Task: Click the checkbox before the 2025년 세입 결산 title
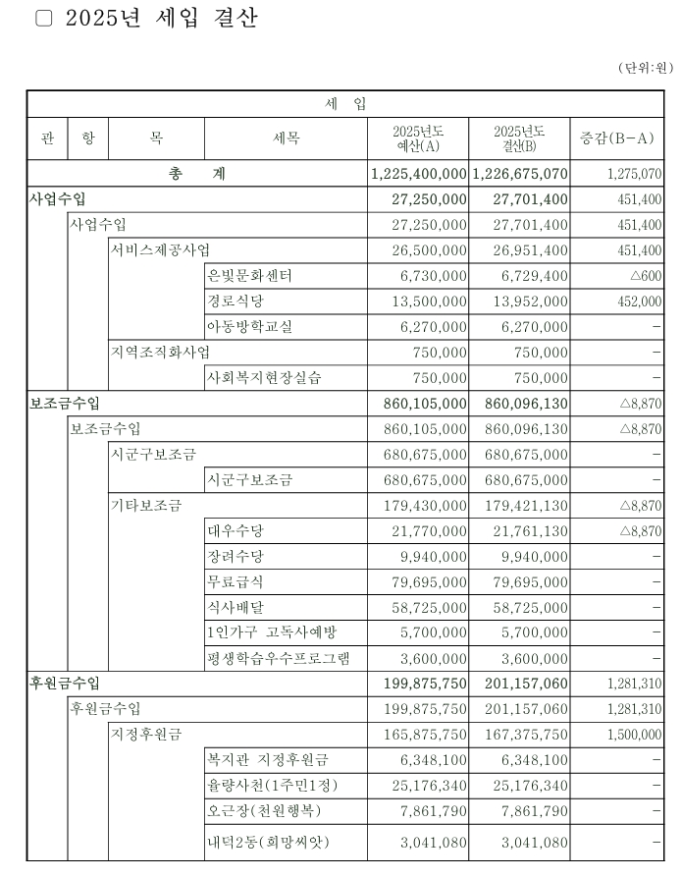(x=43, y=20)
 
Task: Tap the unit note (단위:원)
(x=644, y=68)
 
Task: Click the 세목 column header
(x=287, y=138)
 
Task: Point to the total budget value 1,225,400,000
(x=419, y=174)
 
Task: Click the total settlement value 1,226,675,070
(x=520, y=174)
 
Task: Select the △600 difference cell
(x=645, y=276)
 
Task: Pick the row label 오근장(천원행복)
(x=264, y=810)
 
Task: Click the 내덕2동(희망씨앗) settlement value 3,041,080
(x=531, y=843)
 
